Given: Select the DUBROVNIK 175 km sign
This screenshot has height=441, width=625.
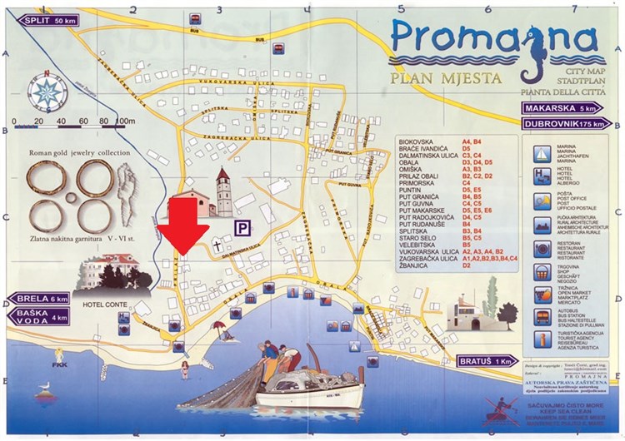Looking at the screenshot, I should [561, 124].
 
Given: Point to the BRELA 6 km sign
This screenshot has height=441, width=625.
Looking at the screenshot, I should [37, 299].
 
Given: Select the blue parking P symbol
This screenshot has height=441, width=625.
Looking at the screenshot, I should [242, 225].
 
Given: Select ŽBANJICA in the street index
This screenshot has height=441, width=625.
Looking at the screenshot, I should [416, 265].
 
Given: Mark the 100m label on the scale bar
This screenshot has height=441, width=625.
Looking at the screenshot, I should [125, 121].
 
